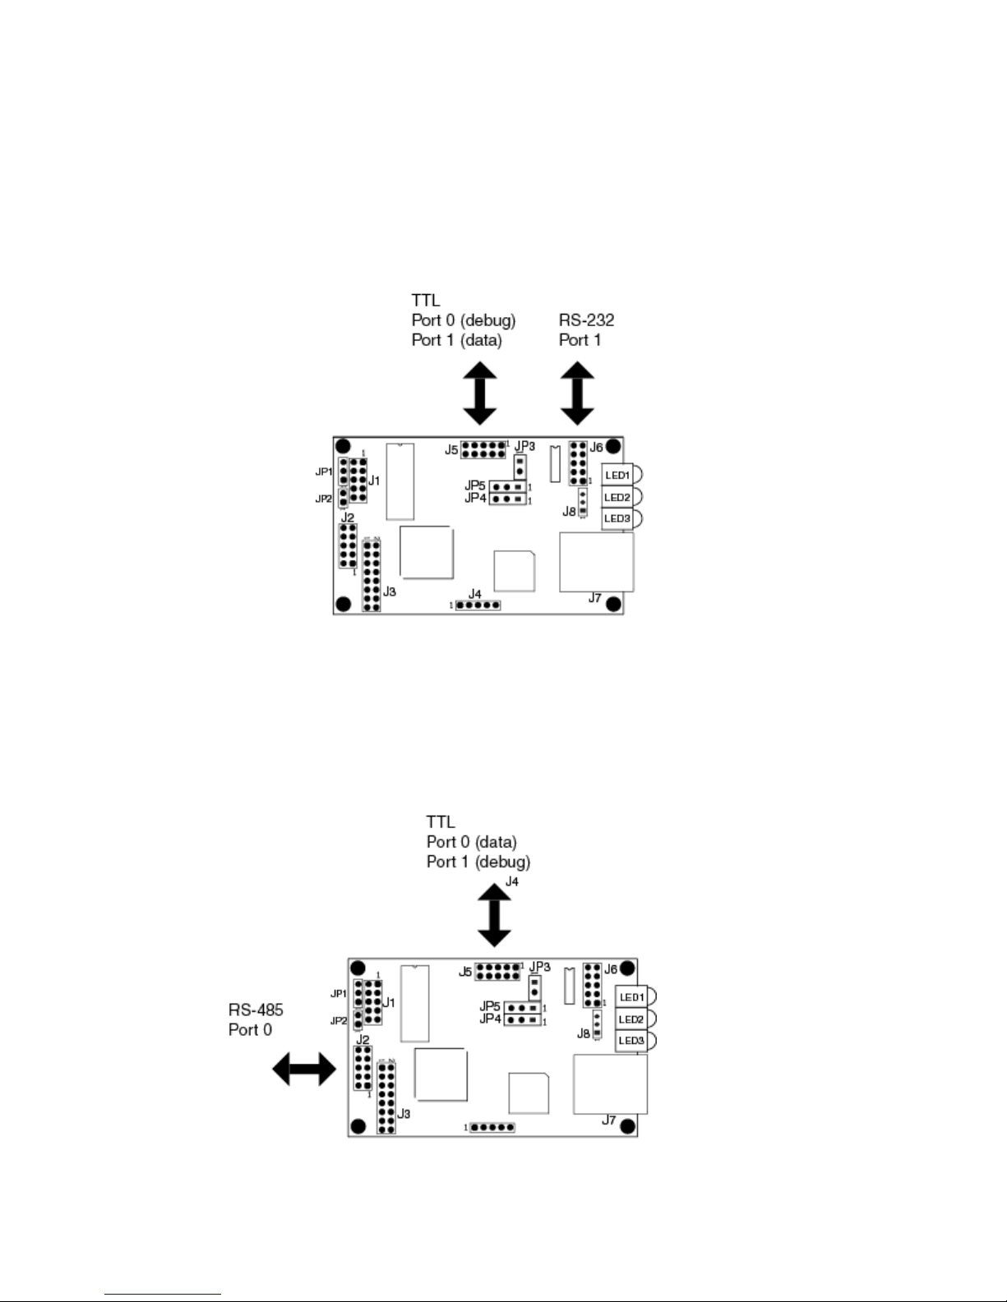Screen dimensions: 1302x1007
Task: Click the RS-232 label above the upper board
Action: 586,320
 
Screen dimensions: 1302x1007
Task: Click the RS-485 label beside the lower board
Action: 256,1010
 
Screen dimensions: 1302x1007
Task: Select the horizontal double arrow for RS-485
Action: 304,1070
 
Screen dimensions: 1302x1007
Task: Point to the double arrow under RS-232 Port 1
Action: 577,394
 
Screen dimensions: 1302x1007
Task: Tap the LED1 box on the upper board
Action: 617,475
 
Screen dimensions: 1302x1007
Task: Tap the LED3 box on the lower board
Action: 631,1040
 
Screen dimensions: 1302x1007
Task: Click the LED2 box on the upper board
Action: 617,497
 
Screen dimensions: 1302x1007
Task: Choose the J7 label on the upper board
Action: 595,598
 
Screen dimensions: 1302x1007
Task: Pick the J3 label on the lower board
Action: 404,1114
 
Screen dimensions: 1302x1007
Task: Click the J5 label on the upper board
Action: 451,450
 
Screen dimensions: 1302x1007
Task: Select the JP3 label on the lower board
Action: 539,967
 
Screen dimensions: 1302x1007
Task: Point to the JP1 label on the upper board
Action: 324,472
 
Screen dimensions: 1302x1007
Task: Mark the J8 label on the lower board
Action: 583,1033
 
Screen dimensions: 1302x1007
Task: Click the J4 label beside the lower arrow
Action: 512,881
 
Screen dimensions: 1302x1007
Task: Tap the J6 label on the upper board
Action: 596,448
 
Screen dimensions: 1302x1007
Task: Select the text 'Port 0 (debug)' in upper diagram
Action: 463,320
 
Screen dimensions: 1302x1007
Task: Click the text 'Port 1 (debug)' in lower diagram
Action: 478,862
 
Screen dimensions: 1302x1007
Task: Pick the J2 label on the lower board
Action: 363,1040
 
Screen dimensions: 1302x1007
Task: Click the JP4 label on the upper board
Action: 475,498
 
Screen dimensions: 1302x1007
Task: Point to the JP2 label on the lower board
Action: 338,1021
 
